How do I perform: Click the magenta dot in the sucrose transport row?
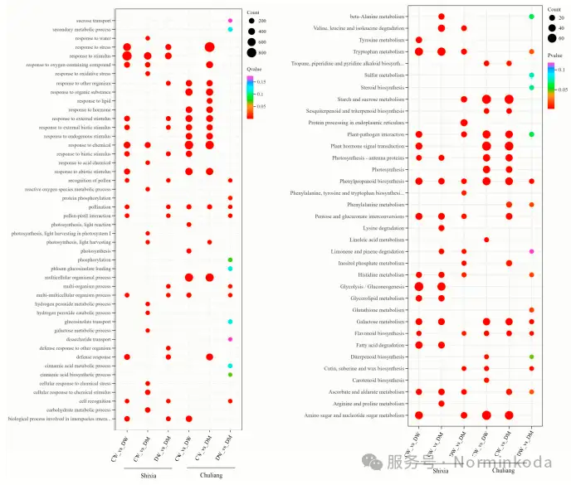point(230,21)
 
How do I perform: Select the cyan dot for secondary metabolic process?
point(230,29)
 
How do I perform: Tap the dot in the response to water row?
point(148,38)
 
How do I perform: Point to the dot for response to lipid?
point(209,100)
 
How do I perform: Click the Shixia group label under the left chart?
point(148,475)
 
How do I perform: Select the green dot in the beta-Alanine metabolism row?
point(531,17)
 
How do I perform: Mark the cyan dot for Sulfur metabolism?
point(531,75)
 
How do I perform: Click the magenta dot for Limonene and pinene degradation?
point(531,250)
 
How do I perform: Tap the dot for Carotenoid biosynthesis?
point(486,380)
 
